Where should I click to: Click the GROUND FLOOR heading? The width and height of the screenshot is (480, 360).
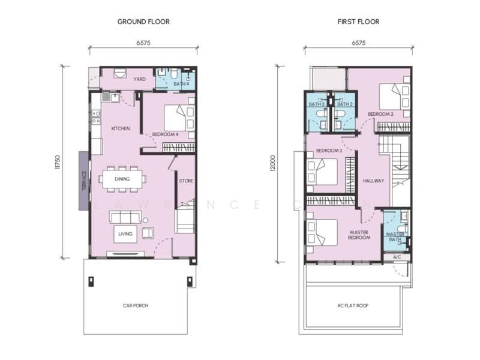(143, 22)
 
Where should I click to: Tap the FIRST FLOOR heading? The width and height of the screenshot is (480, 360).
(358, 22)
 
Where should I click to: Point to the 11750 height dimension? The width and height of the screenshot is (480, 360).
(58, 162)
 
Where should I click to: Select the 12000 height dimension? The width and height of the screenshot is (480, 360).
(273, 163)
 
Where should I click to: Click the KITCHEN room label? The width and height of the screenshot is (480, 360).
(121, 128)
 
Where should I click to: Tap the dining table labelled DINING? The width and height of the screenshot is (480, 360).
(122, 179)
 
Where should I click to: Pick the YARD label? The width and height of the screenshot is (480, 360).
(140, 79)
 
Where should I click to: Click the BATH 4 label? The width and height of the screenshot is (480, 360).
(181, 84)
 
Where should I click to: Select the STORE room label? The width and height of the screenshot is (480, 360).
(186, 181)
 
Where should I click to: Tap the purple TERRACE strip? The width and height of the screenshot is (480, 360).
(83, 181)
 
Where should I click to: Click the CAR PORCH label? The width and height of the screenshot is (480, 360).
(136, 305)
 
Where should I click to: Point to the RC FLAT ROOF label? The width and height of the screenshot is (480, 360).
(353, 305)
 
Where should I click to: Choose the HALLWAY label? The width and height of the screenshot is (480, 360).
(373, 181)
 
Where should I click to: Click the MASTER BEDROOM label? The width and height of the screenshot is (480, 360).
(359, 235)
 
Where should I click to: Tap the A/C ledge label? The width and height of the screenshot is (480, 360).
(397, 257)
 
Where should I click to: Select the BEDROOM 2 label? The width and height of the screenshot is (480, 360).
(380, 114)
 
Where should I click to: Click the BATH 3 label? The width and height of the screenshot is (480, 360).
(317, 104)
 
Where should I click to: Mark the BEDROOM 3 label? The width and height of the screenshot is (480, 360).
(329, 151)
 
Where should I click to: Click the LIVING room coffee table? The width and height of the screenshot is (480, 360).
(125, 234)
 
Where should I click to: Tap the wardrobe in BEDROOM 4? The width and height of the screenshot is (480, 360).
(179, 147)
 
